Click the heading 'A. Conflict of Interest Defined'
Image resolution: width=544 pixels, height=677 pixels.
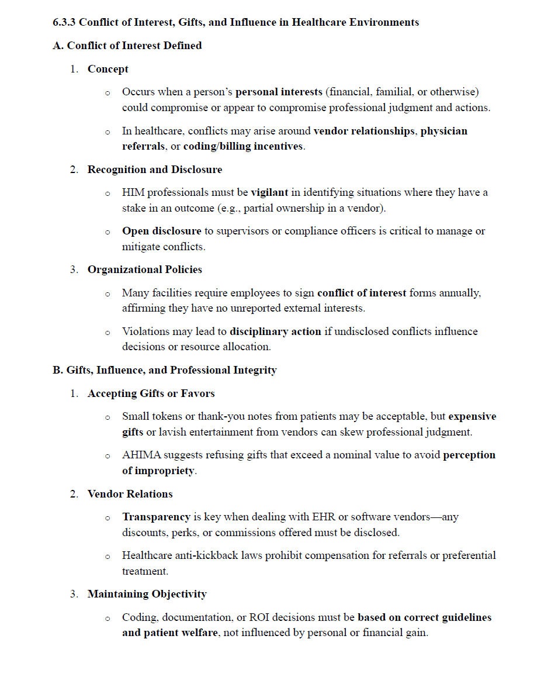coord(127,46)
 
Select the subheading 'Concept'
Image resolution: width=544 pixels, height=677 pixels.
coord(108,69)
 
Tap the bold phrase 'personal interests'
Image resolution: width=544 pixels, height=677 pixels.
coord(279,92)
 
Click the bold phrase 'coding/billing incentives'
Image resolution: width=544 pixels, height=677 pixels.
coord(243,146)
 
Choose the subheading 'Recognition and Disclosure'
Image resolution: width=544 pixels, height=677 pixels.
coord(155,170)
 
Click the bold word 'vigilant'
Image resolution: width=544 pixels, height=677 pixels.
coord(269,192)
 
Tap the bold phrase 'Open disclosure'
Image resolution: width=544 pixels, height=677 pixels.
coord(161,231)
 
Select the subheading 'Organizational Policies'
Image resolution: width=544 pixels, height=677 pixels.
coord(145,270)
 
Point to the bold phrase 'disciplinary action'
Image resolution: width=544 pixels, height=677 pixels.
coord(275,331)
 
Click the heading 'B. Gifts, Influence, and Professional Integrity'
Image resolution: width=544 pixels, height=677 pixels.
coord(165,370)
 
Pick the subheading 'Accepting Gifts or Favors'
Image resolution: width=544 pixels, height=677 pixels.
coord(151,393)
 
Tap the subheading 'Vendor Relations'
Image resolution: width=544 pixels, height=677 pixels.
coord(130,494)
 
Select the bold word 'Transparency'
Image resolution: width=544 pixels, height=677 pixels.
coord(156,517)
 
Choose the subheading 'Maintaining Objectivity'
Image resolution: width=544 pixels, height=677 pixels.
coord(147,594)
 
